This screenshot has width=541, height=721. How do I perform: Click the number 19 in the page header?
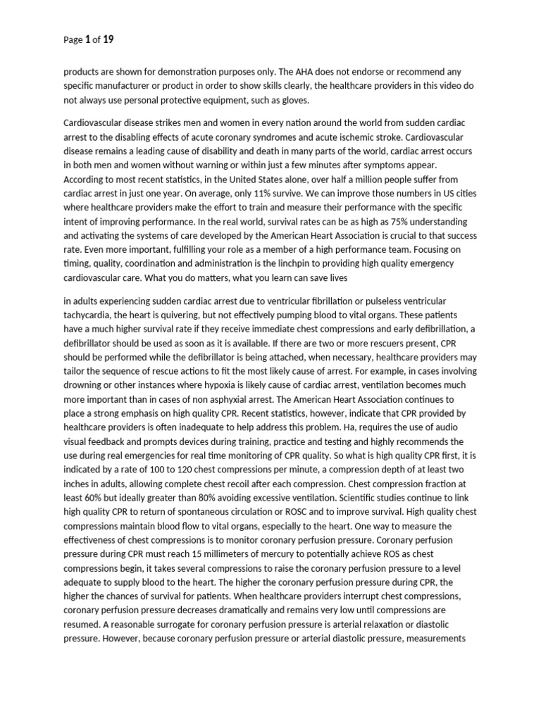pos(108,40)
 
